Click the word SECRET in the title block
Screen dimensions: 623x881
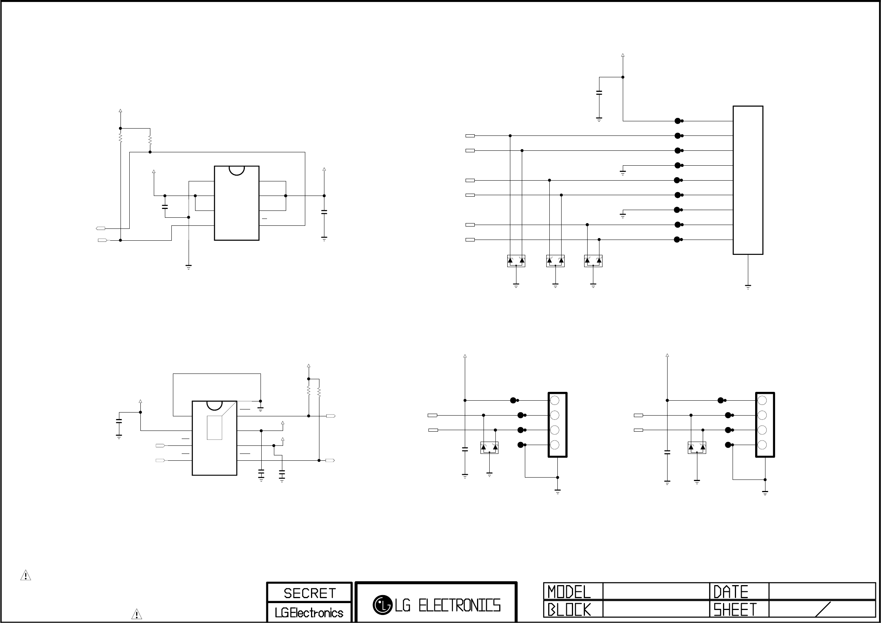309,594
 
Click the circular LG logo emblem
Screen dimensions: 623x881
382,605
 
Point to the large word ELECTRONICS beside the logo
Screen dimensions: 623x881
459,605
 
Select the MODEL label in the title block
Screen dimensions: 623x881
569,592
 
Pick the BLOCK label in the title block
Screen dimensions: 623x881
569,610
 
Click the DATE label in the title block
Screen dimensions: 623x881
731,592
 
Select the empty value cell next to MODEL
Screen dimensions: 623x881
656,592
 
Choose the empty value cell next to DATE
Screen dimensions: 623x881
822,592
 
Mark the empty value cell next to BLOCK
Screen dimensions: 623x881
656,610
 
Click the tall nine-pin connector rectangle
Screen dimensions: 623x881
747,180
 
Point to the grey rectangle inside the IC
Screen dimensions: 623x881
215,427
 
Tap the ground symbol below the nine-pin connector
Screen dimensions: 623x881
748,286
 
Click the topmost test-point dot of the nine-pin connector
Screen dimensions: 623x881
677,121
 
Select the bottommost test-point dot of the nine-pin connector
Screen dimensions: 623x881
677,240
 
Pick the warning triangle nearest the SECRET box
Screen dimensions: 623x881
137,614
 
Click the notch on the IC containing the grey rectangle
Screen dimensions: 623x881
215,405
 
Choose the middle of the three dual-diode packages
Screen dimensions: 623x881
555,261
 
